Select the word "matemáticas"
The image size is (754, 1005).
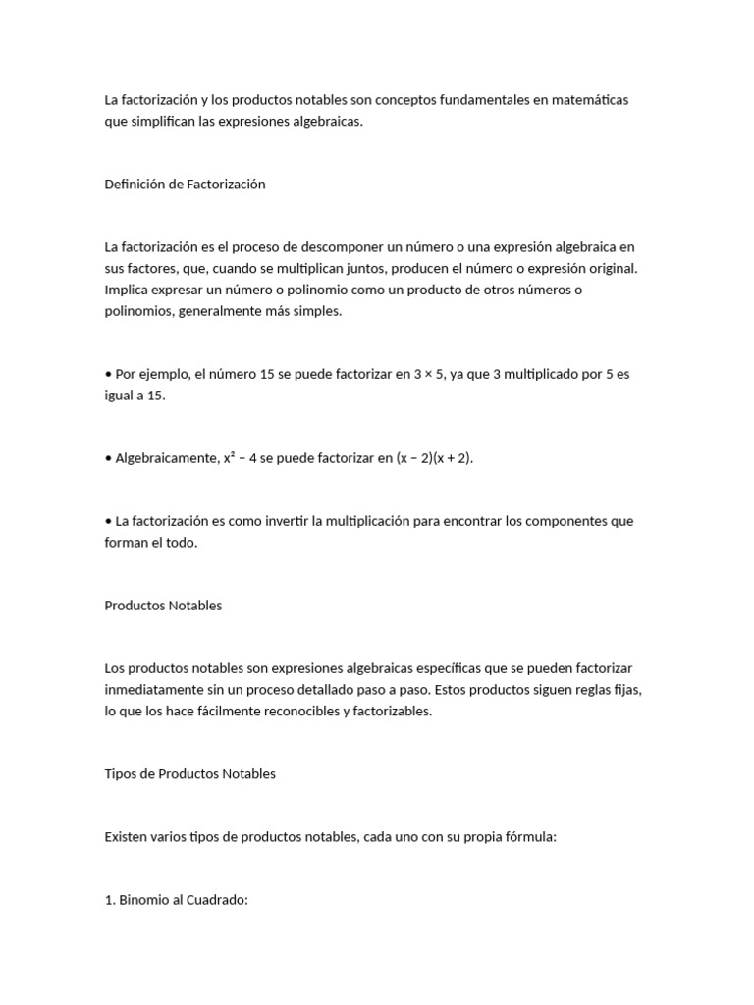(588, 100)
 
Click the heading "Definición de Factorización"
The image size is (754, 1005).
(185, 185)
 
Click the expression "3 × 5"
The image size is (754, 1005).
(427, 374)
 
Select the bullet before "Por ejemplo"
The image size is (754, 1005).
(108, 374)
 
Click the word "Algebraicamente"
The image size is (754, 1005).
(165, 458)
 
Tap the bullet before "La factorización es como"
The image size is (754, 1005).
(108, 521)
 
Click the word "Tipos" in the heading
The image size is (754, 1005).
(121, 774)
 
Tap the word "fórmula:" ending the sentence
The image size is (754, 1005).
(530, 837)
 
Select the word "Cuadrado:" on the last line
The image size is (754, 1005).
(218, 901)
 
